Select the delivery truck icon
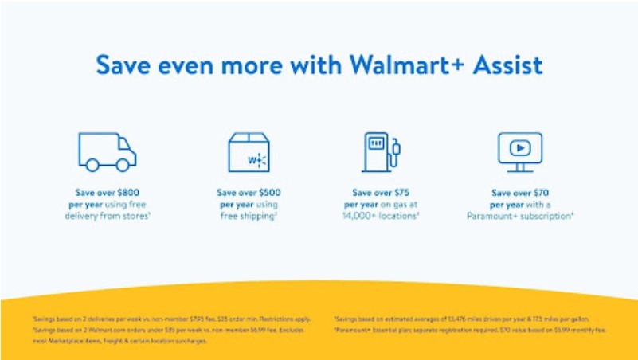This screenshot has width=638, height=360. (107, 152)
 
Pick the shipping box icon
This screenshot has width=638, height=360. (249, 152)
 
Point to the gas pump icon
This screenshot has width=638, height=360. (380, 152)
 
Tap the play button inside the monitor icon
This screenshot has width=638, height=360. (519, 148)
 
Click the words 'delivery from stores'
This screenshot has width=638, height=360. (107, 216)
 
